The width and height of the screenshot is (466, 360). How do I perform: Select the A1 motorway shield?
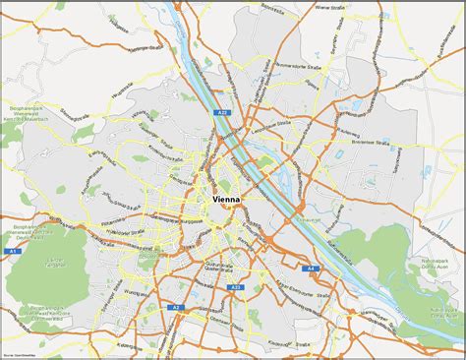(x=14, y=252)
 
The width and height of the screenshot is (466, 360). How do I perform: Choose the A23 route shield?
(x=235, y=287)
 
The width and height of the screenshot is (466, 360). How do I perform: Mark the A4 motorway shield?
(x=312, y=268)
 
